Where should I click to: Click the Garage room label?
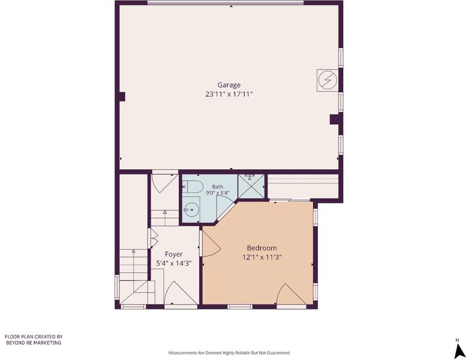pyautogui.click(x=229, y=85)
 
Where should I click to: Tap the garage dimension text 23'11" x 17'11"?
pyautogui.click(x=229, y=95)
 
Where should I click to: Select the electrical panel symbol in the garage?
pyautogui.click(x=327, y=80)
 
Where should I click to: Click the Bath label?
pyautogui.click(x=218, y=187)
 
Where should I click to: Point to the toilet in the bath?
pyautogui.click(x=193, y=187)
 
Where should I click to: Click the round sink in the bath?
pyautogui.click(x=191, y=209)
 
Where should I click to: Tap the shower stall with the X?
pyautogui.click(x=251, y=187)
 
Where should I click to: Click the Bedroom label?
pyautogui.click(x=262, y=248)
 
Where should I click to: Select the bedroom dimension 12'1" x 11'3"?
pyautogui.click(x=262, y=257)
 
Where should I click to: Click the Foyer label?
pyautogui.click(x=174, y=254)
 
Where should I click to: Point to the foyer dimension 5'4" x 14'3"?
pyautogui.click(x=174, y=263)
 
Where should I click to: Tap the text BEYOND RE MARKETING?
pyautogui.click(x=34, y=343)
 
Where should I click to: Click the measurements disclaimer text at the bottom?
pyautogui.click(x=229, y=353)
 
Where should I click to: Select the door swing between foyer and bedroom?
pyautogui.click(x=211, y=243)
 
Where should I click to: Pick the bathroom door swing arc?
pyautogui.click(x=226, y=207)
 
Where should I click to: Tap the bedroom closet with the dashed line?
pyautogui.click(x=303, y=187)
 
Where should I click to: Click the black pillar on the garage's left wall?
pyautogui.click(x=122, y=97)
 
